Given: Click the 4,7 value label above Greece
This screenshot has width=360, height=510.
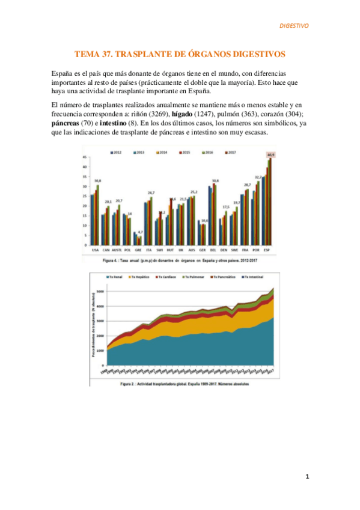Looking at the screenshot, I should (139, 232).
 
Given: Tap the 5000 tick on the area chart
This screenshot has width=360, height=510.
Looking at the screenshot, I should (101, 291).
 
